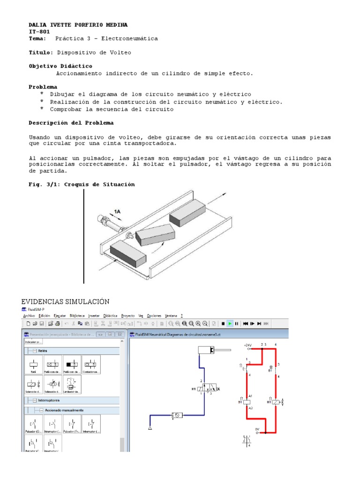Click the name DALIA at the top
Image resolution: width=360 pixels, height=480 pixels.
pos(39,24)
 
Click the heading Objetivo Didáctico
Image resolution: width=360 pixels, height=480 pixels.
pos(60,66)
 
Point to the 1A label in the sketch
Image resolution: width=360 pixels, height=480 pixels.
pos(118,211)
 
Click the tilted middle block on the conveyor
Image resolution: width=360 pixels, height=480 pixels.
pos(154,231)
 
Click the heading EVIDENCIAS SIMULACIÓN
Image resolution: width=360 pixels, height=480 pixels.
pos(65,301)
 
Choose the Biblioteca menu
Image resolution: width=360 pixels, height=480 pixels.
pos(78,315)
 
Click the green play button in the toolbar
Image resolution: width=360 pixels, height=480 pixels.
pos(230,323)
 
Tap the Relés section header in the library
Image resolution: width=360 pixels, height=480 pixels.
pos(43,351)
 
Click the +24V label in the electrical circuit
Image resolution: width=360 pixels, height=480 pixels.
pos(248,345)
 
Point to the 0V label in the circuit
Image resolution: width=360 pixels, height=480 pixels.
pos(257,429)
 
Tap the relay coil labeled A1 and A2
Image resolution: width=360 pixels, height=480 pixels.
pos(247,402)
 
